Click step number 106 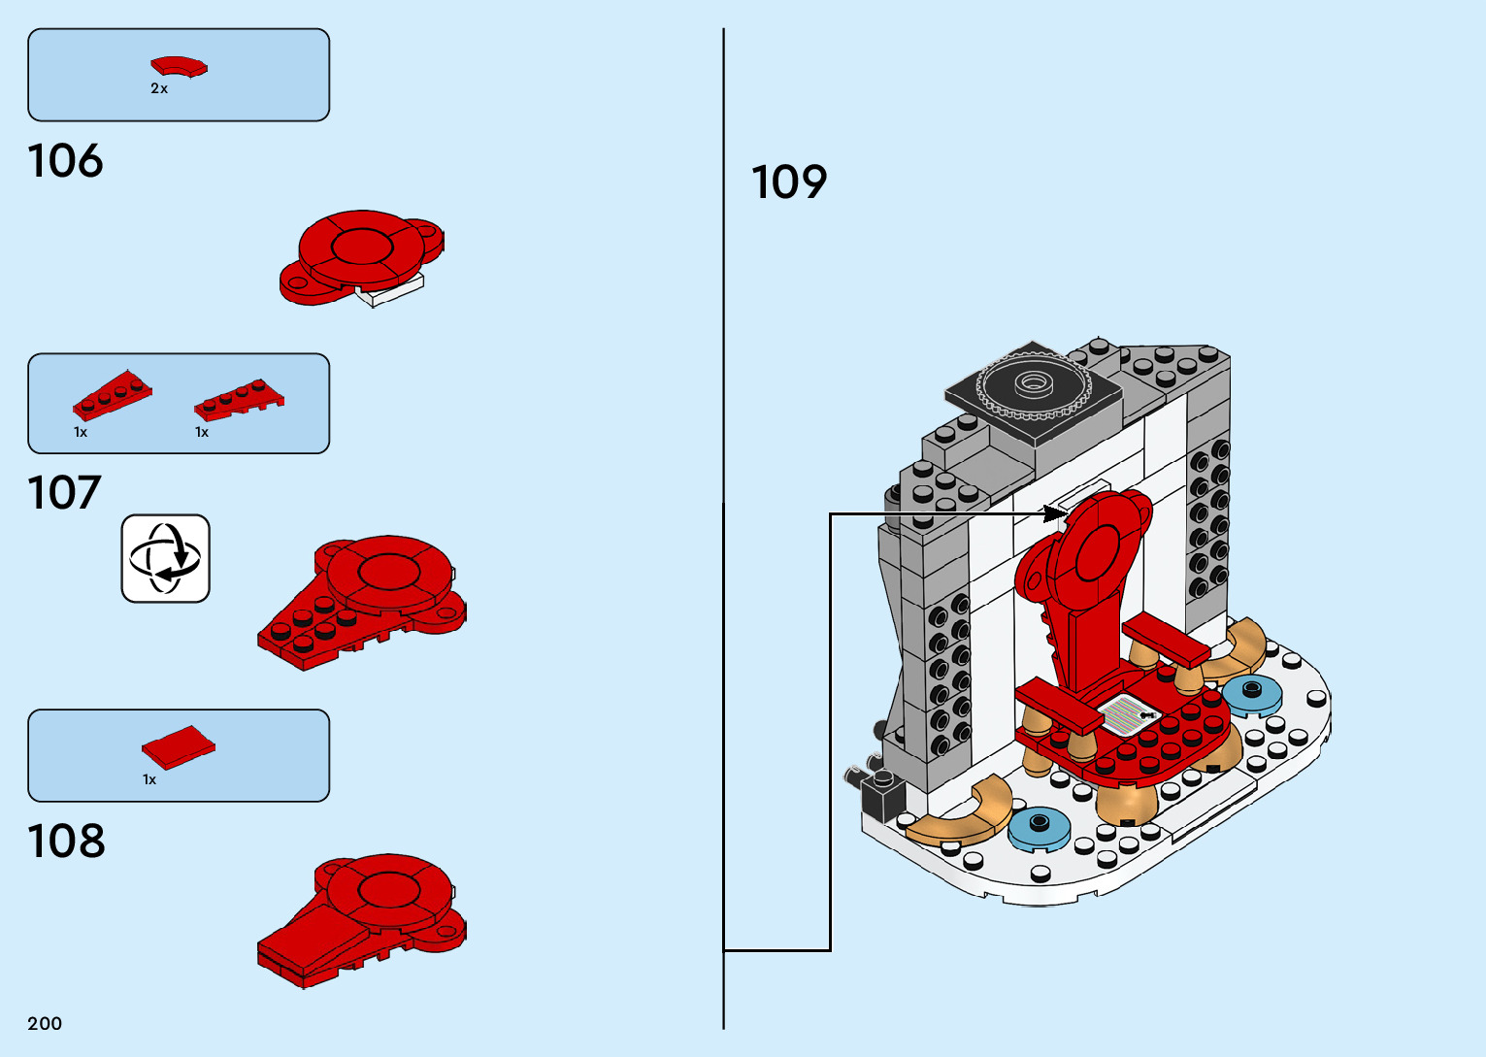point(65,161)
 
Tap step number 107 point(64,493)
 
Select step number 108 point(66,842)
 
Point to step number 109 point(789,182)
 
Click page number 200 point(45,1023)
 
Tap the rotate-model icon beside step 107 point(165,559)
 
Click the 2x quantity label point(159,89)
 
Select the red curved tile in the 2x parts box point(179,67)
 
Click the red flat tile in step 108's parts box point(178,746)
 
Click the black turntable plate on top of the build point(1033,386)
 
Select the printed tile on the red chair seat point(1130,715)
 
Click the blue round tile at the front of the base point(1040,828)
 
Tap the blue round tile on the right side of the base point(1251,694)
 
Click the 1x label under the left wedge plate point(81,433)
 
